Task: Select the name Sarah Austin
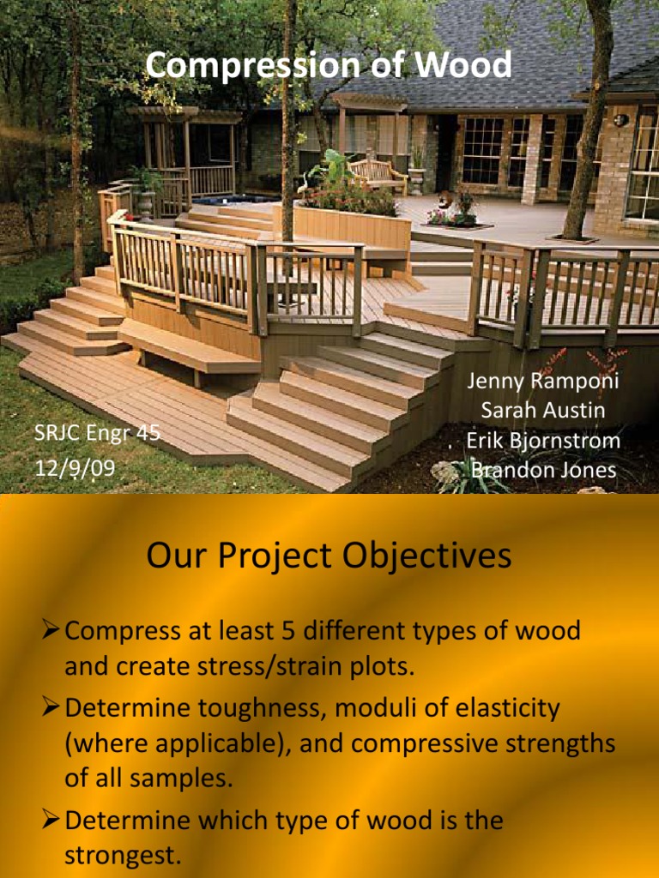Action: click(542, 410)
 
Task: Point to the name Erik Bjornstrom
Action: click(543, 441)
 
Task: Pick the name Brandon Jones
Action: click(543, 471)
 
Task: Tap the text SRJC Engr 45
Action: click(97, 433)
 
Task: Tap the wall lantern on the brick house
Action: click(620, 120)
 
